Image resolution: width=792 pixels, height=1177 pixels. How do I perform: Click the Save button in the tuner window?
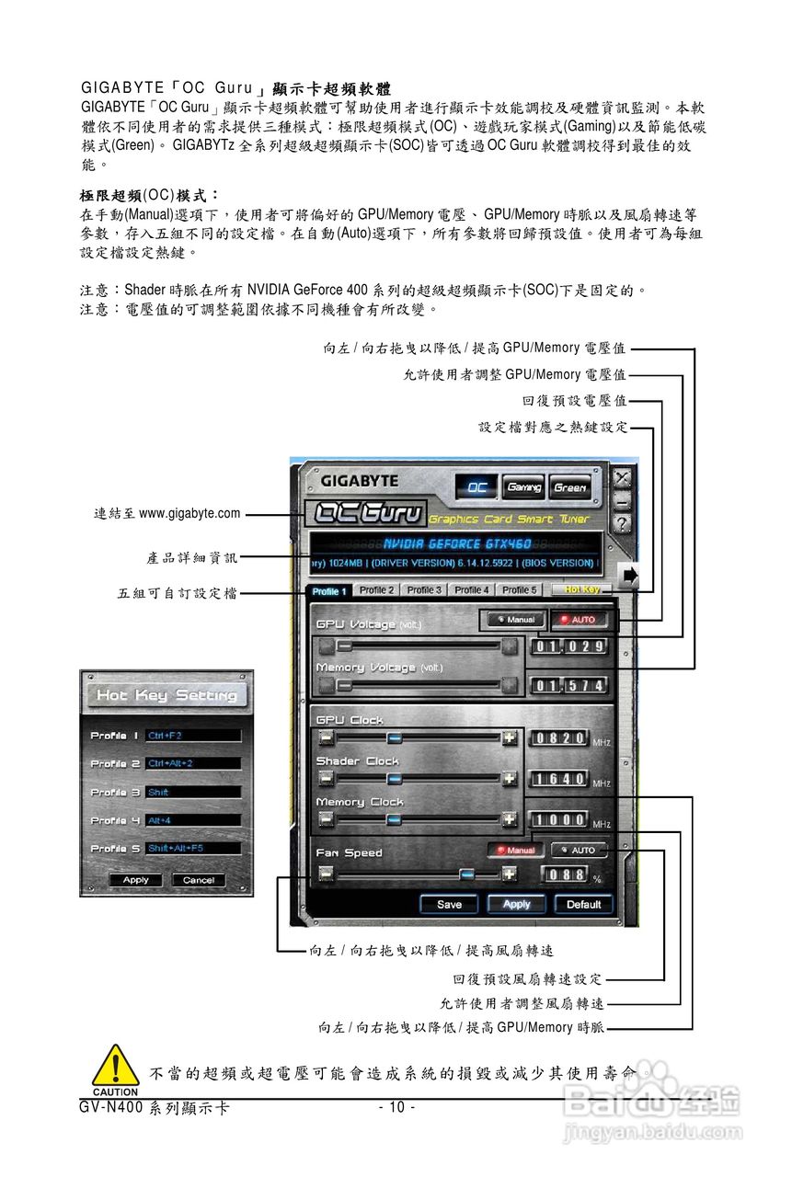(x=449, y=904)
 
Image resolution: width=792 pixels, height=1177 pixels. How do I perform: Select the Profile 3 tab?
(x=424, y=590)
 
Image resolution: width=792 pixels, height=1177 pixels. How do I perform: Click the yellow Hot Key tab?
(x=582, y=590)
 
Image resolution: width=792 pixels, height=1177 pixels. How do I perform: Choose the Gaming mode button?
(x=523, y=487)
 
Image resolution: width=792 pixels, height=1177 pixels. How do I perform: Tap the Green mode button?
(x=570, y=487)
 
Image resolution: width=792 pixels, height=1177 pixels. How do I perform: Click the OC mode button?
(x=476, y=487)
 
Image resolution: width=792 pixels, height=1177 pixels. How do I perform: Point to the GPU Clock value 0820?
(x=560, y=738)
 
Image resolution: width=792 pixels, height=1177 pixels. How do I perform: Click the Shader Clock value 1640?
(x=560, y=780)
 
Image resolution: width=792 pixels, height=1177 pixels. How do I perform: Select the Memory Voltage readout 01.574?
(x=570, y=686)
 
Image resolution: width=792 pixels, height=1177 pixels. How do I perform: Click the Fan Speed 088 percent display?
(x=566, y=875)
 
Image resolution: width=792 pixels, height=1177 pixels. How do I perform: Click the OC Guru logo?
(x=366, y=513)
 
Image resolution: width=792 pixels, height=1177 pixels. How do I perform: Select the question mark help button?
(x=623, y=523)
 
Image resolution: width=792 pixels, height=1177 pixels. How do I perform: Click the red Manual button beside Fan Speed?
(x=516, y=851)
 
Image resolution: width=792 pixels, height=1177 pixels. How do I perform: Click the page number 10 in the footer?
(x=396, y=1107)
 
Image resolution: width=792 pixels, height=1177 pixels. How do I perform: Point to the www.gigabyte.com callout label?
(x=166, y=513)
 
